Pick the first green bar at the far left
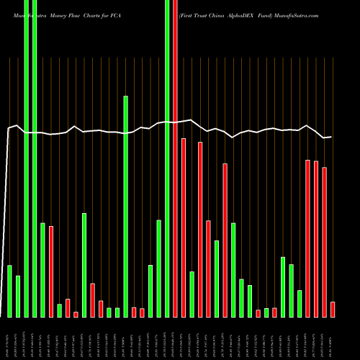[10, 291]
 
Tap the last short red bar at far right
[333, 309]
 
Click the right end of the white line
[330, 137]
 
